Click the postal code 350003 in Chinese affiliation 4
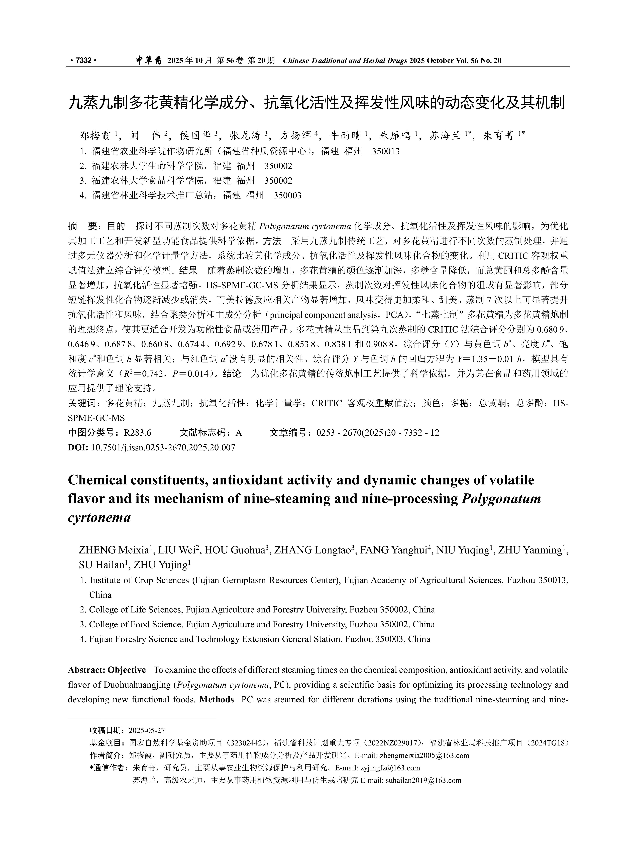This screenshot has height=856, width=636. (x=287, y=195)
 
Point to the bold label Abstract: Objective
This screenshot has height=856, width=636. (x=107, y=670)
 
